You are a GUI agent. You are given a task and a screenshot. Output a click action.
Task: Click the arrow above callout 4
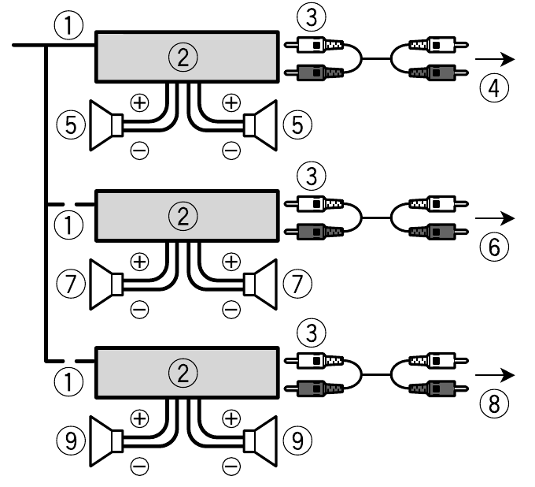click(499, 60)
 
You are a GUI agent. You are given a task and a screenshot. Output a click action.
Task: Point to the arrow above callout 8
click(499, 374)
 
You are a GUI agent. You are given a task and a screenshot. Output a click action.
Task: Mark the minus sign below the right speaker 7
click(231, 310)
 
